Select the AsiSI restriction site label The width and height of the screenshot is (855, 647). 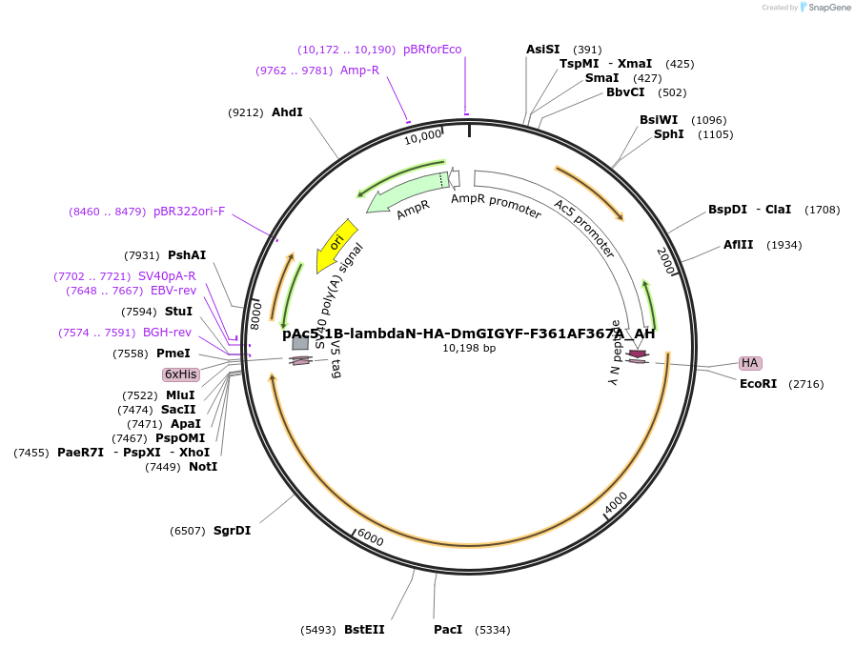pos(543,50)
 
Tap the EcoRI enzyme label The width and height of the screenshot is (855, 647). pos(759,384)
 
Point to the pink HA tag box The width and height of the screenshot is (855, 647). pos(750,363)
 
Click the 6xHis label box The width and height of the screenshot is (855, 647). pos(180,374)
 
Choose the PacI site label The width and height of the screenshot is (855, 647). pos(448,630)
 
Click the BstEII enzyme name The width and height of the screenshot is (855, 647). pos(364,630)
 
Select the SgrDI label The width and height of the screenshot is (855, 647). pos(232,531)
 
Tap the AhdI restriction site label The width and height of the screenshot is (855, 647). pos(287,112)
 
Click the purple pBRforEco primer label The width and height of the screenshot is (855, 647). pos(432,50)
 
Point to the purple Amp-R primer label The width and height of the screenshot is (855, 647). pos(359,71)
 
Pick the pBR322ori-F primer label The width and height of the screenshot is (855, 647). pos(189,212)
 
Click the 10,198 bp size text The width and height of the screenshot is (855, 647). pos(469,348)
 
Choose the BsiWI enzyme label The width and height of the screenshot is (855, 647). pos(659,120)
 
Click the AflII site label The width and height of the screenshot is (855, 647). pos(738,245)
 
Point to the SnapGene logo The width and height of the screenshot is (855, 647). pos(822,8)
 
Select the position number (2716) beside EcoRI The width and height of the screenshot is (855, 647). pos(805,384)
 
